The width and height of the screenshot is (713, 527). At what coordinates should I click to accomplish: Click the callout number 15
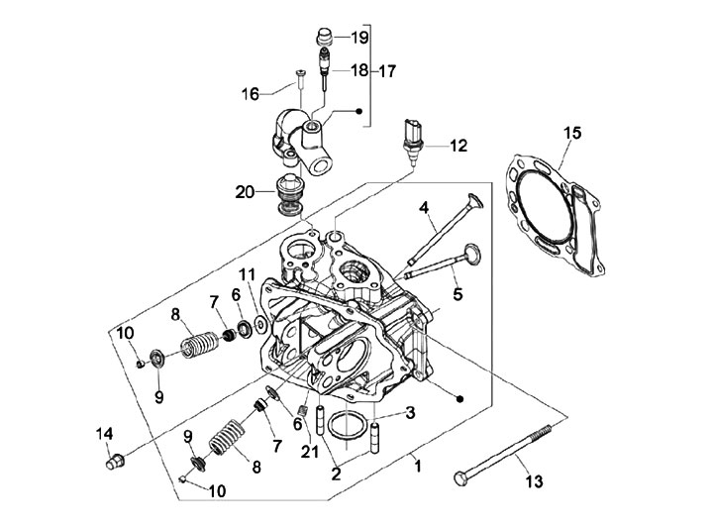point(570,132)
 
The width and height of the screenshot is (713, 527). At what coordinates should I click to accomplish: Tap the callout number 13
point(535,482)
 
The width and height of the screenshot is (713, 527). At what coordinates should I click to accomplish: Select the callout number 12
point(457,146)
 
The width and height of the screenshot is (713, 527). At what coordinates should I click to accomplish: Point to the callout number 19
point(358,38)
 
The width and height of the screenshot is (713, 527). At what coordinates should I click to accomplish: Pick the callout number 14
point(105,433)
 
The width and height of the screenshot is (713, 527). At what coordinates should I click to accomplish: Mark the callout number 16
point(252,93)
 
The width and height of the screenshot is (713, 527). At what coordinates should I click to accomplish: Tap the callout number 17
point(387,71)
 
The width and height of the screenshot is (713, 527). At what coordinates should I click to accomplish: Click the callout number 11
point(247,274)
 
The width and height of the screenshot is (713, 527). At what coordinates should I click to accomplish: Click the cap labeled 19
point(322,38)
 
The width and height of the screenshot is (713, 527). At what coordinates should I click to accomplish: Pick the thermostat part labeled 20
point(289,194)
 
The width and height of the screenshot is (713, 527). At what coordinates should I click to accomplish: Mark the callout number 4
point(423,208)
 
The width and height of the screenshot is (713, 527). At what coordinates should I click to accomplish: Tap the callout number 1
point(417,463)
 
